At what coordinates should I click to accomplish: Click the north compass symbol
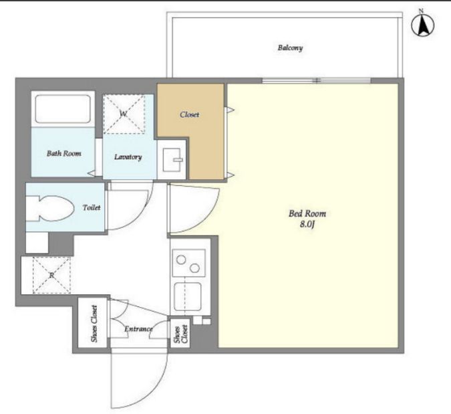click(422, 25)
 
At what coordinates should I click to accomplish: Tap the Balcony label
click(290, 47)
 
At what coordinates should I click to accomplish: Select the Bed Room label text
click(307, 213)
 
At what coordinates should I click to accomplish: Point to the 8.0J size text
click(307, 224)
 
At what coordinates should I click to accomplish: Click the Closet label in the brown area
click(190, 114)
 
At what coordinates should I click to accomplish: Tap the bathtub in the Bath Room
click(63, 109)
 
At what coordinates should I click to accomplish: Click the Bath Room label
click(64, 153)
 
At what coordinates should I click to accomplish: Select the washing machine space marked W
click(124, 114)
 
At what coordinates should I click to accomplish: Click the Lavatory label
click(128, 157)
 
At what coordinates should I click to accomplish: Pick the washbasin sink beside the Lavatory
click(172, 160)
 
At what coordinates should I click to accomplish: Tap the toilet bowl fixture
click(49, 209)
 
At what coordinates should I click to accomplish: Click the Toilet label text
click(92, 207)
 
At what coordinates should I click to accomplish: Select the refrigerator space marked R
click(51, 275)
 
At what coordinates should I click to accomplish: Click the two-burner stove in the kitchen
click(188, 263)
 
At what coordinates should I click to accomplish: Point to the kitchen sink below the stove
click(188, 296)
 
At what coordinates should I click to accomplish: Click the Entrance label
click(138, 329)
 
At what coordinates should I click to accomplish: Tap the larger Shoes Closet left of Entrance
click(93, 323)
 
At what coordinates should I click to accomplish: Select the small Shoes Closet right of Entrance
click(180, 333)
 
